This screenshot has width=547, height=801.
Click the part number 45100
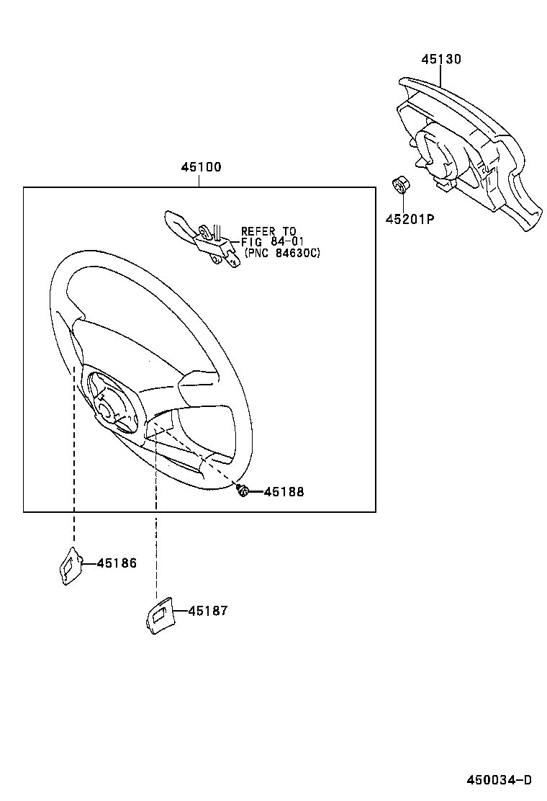pos(201,167)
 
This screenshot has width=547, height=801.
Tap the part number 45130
pos(440,59)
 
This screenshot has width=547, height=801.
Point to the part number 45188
pos(284,492)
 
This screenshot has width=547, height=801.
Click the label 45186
pos(116,563)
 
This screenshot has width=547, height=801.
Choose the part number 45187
pos(207,611)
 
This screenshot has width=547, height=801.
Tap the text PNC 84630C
pos(282,253)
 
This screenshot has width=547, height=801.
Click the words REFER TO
pos(268,232)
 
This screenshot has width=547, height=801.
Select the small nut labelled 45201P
pos(399,185)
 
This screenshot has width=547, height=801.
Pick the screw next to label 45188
pos(243,491)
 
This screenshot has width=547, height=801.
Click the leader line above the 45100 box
pos(200,180)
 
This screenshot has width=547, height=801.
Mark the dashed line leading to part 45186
pos(74,461)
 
